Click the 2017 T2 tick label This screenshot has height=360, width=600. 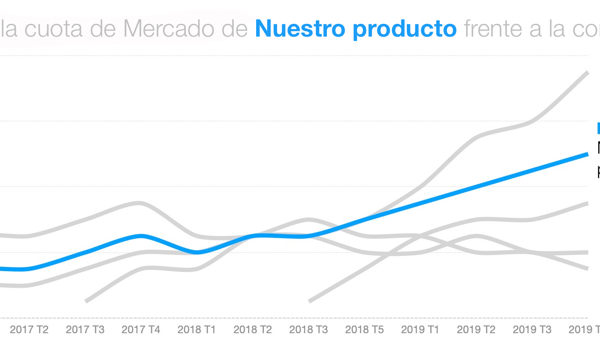point(29,329)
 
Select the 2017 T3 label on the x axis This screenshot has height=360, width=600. point(85,329)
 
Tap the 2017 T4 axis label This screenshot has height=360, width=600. point(141,329)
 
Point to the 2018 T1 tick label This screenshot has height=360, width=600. point(197,329)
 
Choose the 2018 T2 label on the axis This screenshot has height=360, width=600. point(253,329)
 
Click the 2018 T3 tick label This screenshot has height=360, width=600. point(309,329)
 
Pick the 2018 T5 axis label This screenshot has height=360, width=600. point(364,329)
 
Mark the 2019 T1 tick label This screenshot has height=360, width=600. point(420,329)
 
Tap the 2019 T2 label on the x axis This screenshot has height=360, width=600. point(476,329)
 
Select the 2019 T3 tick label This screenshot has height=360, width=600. point(532,329)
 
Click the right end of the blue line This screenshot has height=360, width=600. point(587,154)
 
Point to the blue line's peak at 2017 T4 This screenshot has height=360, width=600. point(141,236)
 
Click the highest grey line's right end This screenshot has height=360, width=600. point(587,73)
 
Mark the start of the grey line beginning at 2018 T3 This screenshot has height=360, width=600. point(310,301)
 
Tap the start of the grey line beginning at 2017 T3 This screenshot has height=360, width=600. point(86,301)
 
